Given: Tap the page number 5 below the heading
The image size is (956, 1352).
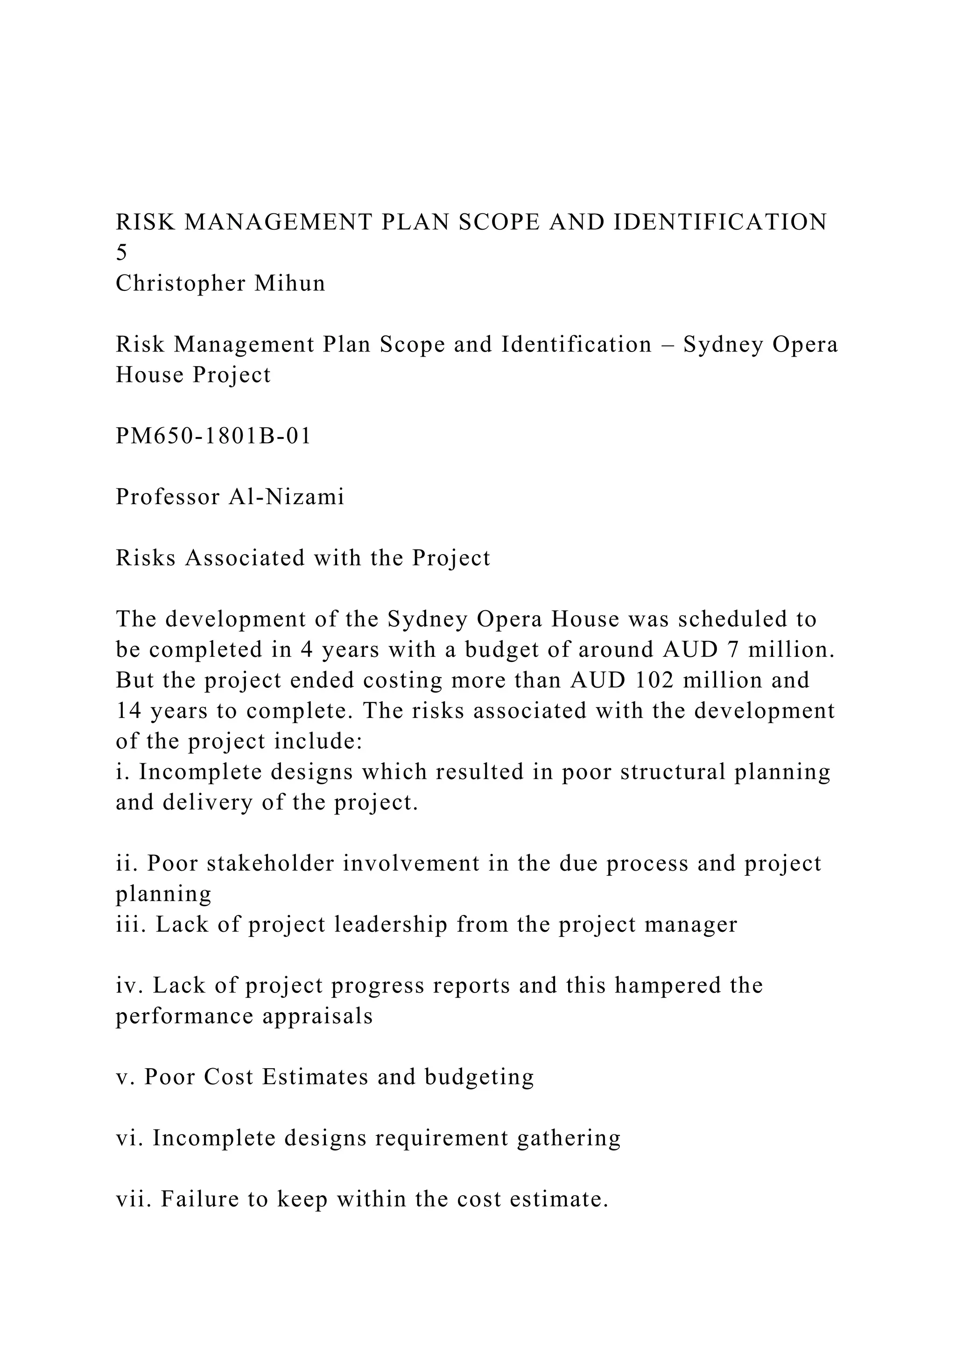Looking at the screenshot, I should click(x=121, y=253).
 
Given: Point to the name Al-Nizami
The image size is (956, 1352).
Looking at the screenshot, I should click(x=286, y=497).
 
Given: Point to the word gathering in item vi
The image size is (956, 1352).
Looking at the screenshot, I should click(x=569, y=1138).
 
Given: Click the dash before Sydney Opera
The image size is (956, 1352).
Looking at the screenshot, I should click(x=668, y=345).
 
